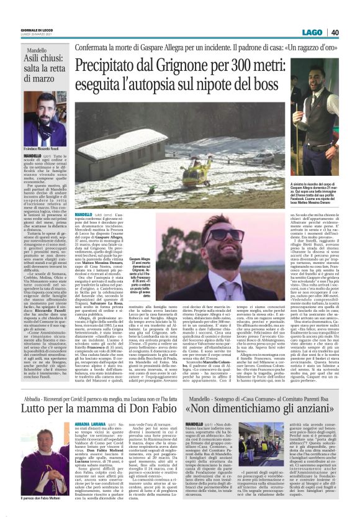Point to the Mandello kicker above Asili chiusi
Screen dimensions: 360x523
click(35, 49)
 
